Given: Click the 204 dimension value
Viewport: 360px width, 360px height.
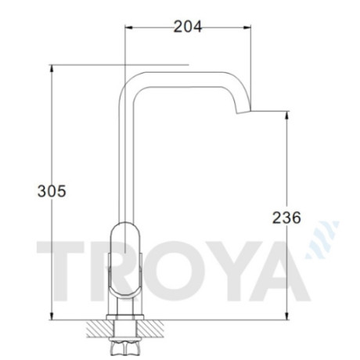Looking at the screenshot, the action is click(188, 27).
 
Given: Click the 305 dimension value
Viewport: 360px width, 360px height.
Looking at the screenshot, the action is click(52, 191).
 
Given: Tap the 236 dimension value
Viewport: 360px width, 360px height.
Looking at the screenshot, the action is click(286, 218).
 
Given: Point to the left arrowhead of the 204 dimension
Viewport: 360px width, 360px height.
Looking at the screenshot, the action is click(129, 27).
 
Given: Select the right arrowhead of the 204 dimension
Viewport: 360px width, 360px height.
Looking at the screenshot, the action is click(247, 27).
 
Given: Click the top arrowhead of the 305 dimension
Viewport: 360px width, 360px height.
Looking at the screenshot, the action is click(52, 69).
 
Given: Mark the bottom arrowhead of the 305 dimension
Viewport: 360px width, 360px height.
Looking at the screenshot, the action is click(52, 316).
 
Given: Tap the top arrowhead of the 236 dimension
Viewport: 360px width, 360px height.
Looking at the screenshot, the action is click(286, 115).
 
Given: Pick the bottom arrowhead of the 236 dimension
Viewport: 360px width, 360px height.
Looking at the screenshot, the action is click(286, 316).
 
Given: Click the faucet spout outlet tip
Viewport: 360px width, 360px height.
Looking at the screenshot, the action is click(243, 112).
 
